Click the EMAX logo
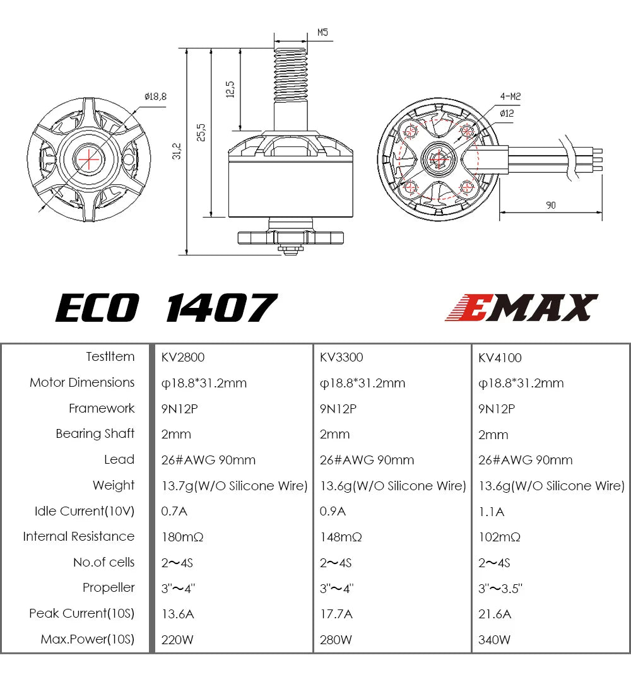click(x=521, y=308)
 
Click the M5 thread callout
click(x=322, y=32)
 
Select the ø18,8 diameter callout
click(x=155, y=97)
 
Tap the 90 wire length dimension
click(x=551, y=205)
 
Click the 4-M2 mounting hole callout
click(x=510, y=97)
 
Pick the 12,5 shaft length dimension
click(x=230, y=89)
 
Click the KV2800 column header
click(x=183, y=357)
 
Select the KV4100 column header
click(x=500, y=358)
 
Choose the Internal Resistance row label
click(x=79, y=536)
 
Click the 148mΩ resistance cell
click(x=341, y=537)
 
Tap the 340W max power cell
click(x=495, y=640)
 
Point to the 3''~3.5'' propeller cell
click(x=500, y=588)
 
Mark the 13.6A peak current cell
click(x=179, y=614)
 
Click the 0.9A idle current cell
click(x=333, y=511)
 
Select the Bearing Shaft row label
click(x=95, y=433)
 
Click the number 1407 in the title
click(x=221, y=308)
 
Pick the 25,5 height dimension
click(x=201, y=132)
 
